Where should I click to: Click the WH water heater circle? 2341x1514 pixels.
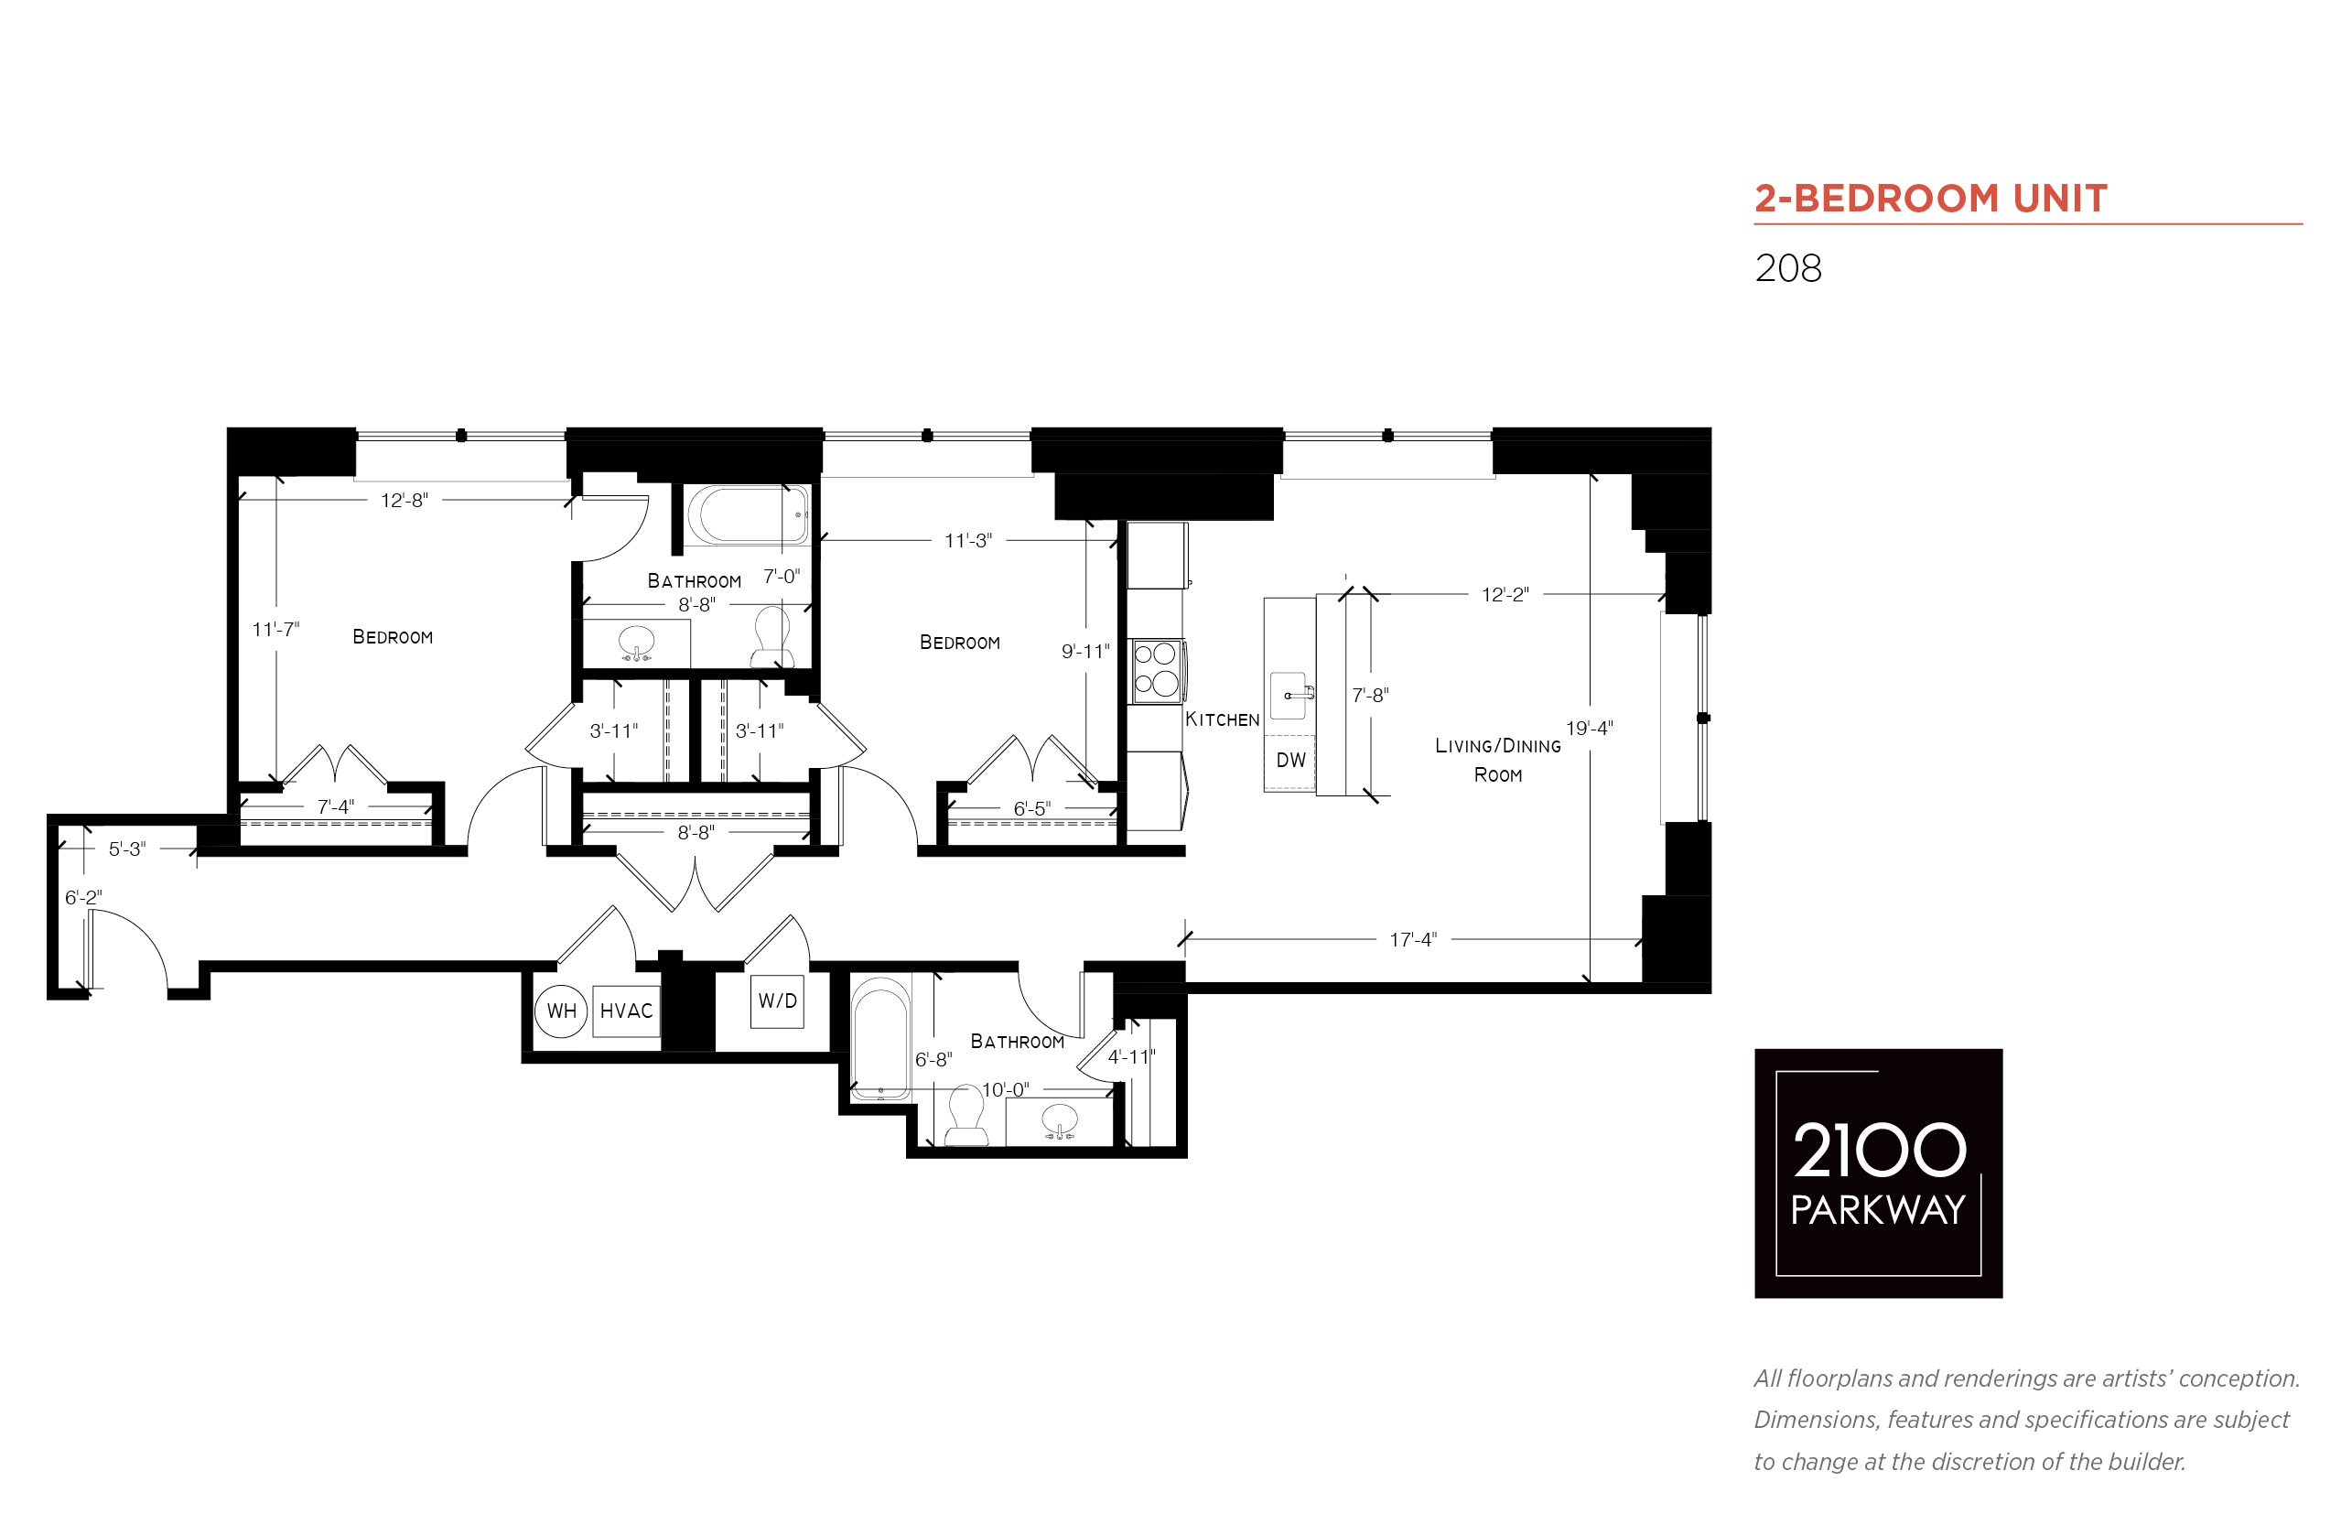561,1011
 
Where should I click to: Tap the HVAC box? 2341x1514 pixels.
626,1011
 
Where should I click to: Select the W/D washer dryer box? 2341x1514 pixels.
777,1001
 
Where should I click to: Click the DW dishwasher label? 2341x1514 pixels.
1290,760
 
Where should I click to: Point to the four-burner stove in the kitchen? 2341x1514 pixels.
1157,670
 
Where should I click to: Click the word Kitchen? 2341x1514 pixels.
1222,719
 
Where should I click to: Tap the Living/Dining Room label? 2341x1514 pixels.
1498,760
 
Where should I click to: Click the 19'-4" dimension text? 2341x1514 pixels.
1589,729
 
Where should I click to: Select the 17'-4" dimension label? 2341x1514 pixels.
1412,940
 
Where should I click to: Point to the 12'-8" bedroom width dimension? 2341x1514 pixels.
404,501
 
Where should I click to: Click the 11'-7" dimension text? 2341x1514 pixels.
275,629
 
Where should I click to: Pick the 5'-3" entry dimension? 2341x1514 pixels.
127,849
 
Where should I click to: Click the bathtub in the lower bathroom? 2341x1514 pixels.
880,1038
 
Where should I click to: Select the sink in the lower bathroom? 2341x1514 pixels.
1059,1120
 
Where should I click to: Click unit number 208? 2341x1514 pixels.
1787,268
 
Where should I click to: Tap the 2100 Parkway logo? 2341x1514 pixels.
1878,1173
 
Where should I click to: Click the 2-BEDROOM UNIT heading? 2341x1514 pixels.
1931,199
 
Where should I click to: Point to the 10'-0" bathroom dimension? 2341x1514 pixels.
1006,1090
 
